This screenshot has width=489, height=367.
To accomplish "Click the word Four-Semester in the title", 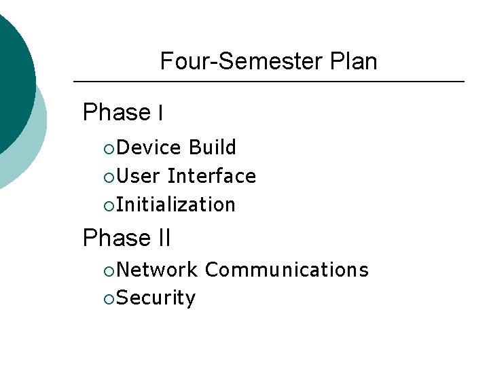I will coord(232,62).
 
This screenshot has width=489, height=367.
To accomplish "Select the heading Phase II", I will coord(126,239).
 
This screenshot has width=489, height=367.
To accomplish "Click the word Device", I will coord(149,147).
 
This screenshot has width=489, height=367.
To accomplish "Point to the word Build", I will coord(213,147).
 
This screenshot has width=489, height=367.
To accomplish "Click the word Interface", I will coord(212,176).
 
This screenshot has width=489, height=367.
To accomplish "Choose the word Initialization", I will coord(176,205).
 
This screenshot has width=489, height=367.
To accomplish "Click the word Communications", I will coord(287,270).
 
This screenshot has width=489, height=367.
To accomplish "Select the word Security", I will coord(156,298).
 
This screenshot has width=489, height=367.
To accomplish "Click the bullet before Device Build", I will coord(110,148).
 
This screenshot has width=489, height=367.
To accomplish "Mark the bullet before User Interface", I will coord(110,177).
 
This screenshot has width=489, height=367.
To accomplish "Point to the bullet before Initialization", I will coord(110,205).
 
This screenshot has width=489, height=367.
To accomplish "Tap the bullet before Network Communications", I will coord(110,270).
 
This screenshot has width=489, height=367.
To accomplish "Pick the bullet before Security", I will coord(110,299).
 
